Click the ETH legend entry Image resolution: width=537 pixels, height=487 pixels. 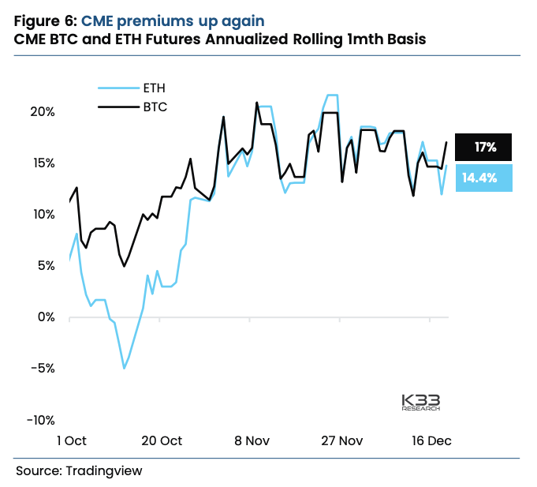point(154,88)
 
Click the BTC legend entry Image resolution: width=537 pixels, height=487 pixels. point(154,106)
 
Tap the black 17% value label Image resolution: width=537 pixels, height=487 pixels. point(484,148)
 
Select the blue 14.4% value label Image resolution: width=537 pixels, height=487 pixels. point(479,178)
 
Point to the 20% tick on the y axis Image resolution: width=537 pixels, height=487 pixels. point(41,111)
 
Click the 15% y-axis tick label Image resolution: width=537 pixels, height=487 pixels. point(41,163)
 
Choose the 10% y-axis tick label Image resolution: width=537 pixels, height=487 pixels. point(41,214)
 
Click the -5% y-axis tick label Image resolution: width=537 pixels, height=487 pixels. point(41,368)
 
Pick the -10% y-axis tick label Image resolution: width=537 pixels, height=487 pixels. point(39,419)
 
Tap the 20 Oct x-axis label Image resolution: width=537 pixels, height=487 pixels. point(160,440)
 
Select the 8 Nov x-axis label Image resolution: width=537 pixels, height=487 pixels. point(250,440)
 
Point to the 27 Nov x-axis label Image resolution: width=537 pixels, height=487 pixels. point(341,440)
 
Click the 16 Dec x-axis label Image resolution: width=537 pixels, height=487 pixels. point(431,440)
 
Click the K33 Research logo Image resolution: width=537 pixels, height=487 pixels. point(420,402)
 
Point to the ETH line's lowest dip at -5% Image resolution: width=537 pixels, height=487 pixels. point(124,369)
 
